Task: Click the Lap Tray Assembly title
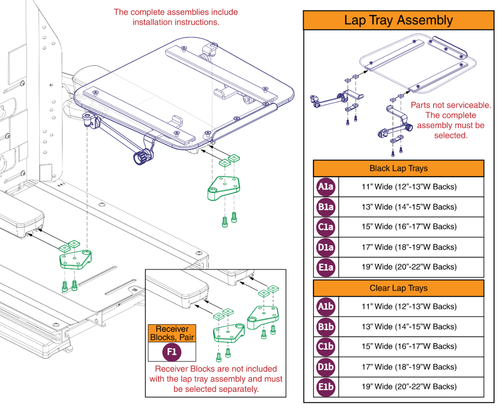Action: (398, 20)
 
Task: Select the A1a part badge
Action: (326, 187)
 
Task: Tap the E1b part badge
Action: (326, 387)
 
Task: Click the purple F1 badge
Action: (171, 352)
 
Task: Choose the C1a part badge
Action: (326, 227)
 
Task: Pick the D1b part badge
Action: (326, 367)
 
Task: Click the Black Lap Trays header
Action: (398, 168)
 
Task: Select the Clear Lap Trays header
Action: (398, 288)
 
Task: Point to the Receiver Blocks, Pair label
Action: (171, 333)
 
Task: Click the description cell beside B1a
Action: (409, 207)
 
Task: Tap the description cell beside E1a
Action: (409, 267)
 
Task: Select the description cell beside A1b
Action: (409, 307)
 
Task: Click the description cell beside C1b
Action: (409, 347)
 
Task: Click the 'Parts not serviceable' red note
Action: (450, 120)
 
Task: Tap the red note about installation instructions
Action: (175, 17)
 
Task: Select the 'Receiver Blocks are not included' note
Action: (216, 379)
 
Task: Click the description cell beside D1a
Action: (409, 247)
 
